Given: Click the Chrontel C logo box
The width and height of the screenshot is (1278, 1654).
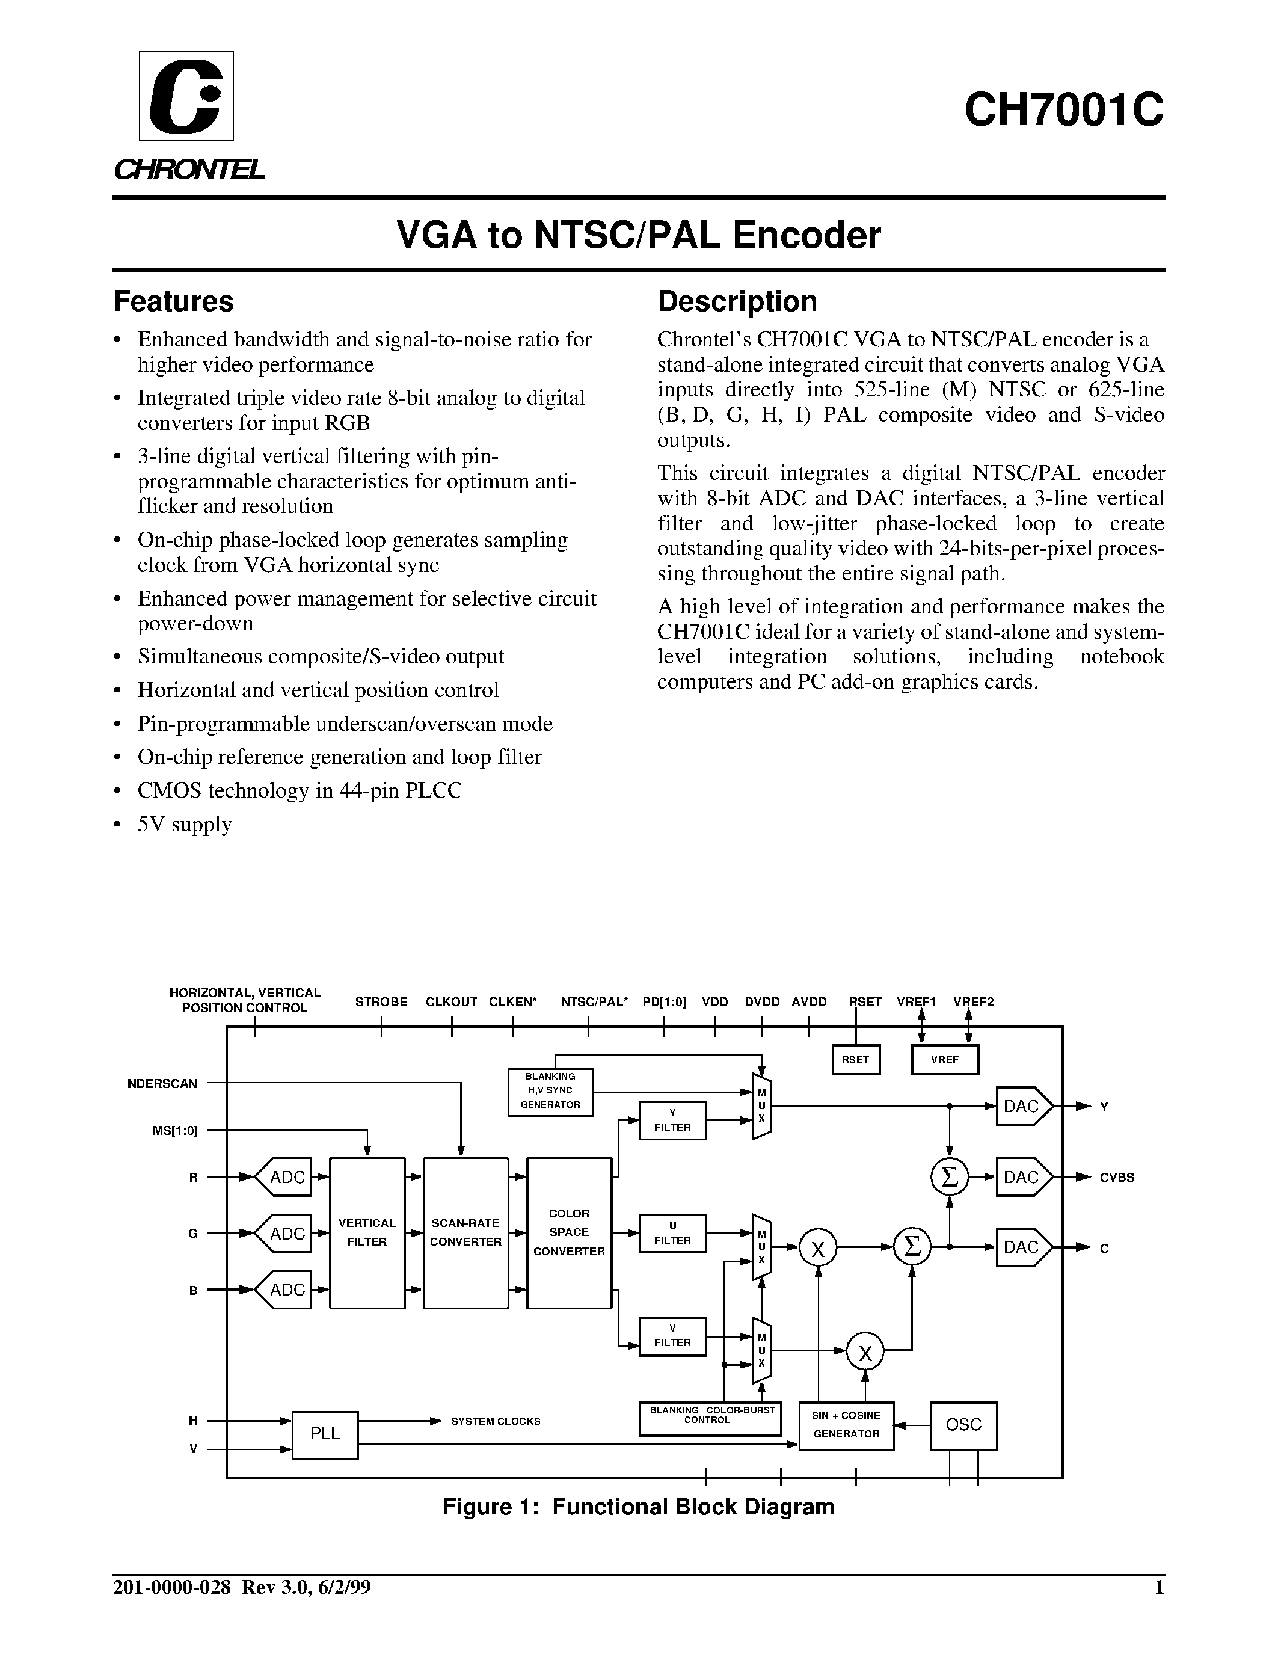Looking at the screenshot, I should tap(186, 96).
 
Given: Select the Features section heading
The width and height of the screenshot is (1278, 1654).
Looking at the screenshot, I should tap(173, 301).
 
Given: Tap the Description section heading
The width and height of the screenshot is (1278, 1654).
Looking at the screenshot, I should tap(737, 301).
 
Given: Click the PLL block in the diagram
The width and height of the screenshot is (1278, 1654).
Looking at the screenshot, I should tap(325, 1434).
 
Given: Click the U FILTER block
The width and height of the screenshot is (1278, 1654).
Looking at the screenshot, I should tap(672, 1234).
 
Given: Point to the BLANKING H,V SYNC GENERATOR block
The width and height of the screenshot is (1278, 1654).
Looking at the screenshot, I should tap(550, 1091).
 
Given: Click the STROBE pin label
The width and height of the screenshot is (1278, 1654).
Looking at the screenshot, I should tap(381, 1002).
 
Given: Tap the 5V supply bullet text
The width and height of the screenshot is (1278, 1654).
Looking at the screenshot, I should tap(184, 824).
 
